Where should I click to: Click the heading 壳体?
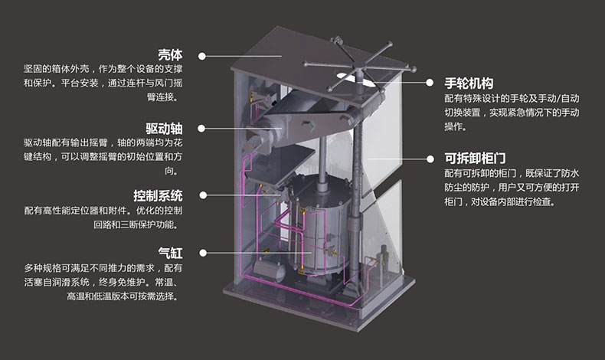171,55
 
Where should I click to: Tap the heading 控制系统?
159,195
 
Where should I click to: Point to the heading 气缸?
171,251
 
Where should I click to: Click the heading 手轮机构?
469,83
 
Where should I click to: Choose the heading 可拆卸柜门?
474,159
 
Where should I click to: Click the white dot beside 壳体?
202,55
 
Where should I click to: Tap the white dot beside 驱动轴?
202,128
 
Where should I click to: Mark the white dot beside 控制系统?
202,195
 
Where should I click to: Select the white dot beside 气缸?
202,251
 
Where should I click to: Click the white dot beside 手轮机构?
429,83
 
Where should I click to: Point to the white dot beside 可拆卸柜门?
429,159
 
